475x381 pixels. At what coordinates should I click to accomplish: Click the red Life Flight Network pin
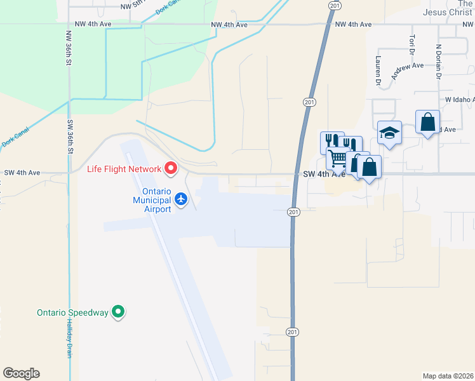(170, 168)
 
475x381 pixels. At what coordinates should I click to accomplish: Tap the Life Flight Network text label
(124, 169)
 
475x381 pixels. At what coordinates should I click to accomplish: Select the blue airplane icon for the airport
(182, 199)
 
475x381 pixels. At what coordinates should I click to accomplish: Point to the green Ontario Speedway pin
(117, 312)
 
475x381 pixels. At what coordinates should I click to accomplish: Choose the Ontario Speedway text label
(71, 312)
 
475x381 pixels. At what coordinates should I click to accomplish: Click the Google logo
(21, 373)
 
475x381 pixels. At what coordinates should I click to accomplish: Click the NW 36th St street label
(68, 48)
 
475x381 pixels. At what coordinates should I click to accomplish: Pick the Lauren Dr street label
(378, 70)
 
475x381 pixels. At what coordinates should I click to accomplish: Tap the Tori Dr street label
(413, 44)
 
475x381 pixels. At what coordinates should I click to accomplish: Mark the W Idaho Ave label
(459, 100)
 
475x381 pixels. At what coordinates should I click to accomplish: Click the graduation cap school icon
(389, 132)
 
